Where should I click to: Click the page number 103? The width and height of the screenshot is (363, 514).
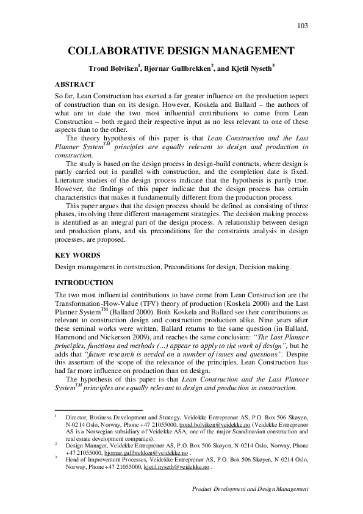coord(302,26)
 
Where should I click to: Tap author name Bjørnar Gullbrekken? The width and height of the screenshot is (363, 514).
coord(176,67)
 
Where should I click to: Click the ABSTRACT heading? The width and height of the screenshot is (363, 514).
coord(74,84)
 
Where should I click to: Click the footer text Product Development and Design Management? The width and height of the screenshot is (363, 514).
coord(250,489)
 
